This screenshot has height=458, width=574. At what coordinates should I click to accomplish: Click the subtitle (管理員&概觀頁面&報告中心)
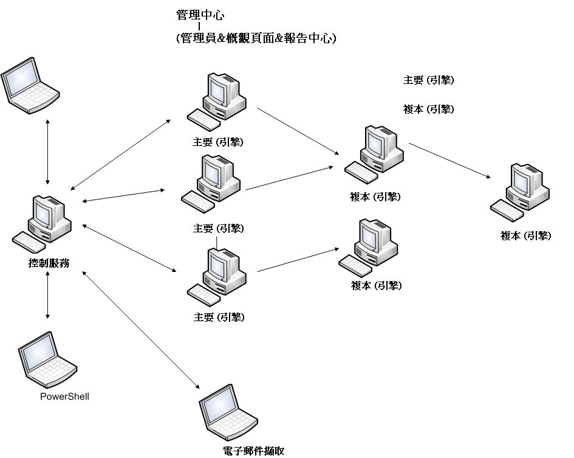click(x=256, y=38)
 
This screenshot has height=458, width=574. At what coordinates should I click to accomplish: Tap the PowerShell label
click(x=64, y=397)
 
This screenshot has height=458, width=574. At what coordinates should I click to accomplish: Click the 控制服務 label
click(x=49, y=263)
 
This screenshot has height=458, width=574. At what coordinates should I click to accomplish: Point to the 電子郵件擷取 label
click(x=253, y=451)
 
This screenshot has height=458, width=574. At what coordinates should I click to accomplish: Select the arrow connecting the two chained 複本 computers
click(x=449, y=161)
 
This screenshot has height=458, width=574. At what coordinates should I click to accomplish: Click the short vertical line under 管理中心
click(x=199, y=26)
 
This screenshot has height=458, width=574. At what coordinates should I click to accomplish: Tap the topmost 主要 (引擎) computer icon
click(x=218, y=100)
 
